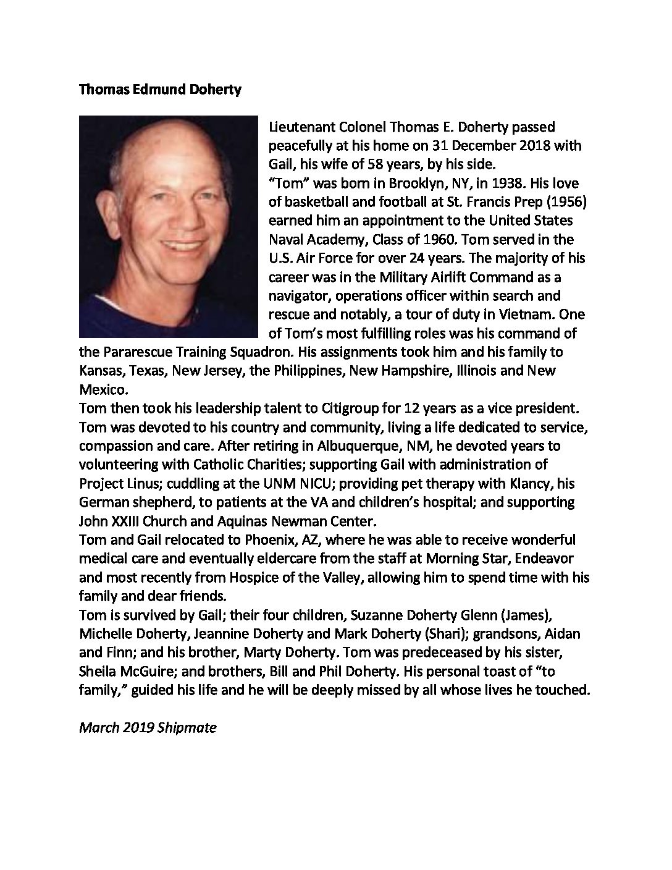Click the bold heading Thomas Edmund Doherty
tap(160, 90)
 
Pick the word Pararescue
tap(133, 352)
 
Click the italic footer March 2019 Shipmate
tap(148, 727)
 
